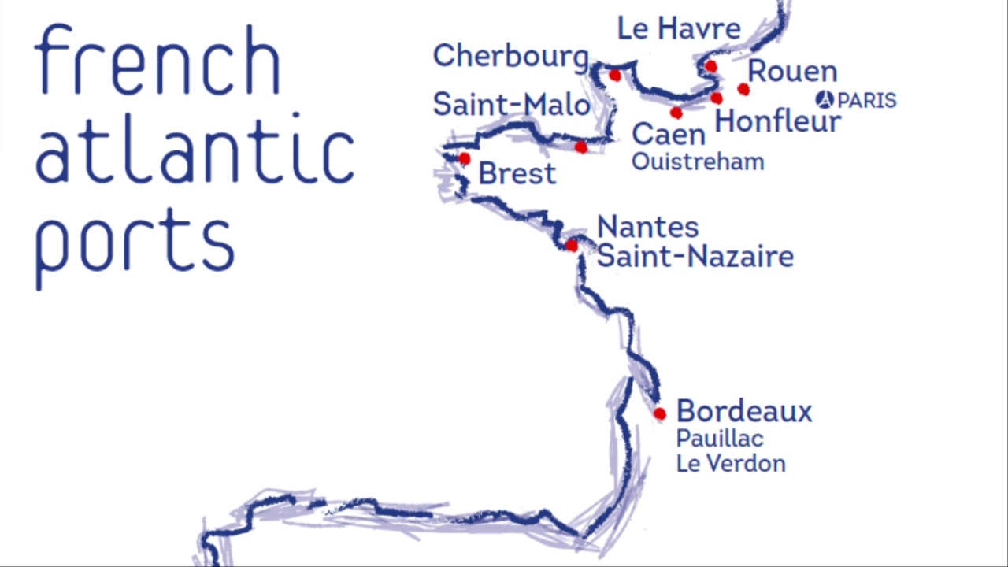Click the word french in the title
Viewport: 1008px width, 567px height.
pos(157,61)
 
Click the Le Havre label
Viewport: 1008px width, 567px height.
pos(678,29)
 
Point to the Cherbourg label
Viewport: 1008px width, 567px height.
pos(510,56)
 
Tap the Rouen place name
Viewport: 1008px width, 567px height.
pos(791,72)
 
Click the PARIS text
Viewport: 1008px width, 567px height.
pos(866,101)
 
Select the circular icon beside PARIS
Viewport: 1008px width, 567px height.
pos(825,100)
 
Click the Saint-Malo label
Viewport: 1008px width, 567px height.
pos(511,105)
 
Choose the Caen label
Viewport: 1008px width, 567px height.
pos(668,135)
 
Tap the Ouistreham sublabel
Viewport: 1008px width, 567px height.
pos(697,162)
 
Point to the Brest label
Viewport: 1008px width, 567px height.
pos(517,173)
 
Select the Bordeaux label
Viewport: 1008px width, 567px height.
pos(743,411)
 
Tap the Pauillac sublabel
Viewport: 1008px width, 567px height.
pos(719,439)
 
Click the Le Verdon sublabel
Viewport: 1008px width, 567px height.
pos(730,464)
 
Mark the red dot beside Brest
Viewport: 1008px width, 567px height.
pos(465,159)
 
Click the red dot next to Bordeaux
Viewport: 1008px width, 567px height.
pos(660,413)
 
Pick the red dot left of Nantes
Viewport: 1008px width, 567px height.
pos(572,246)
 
